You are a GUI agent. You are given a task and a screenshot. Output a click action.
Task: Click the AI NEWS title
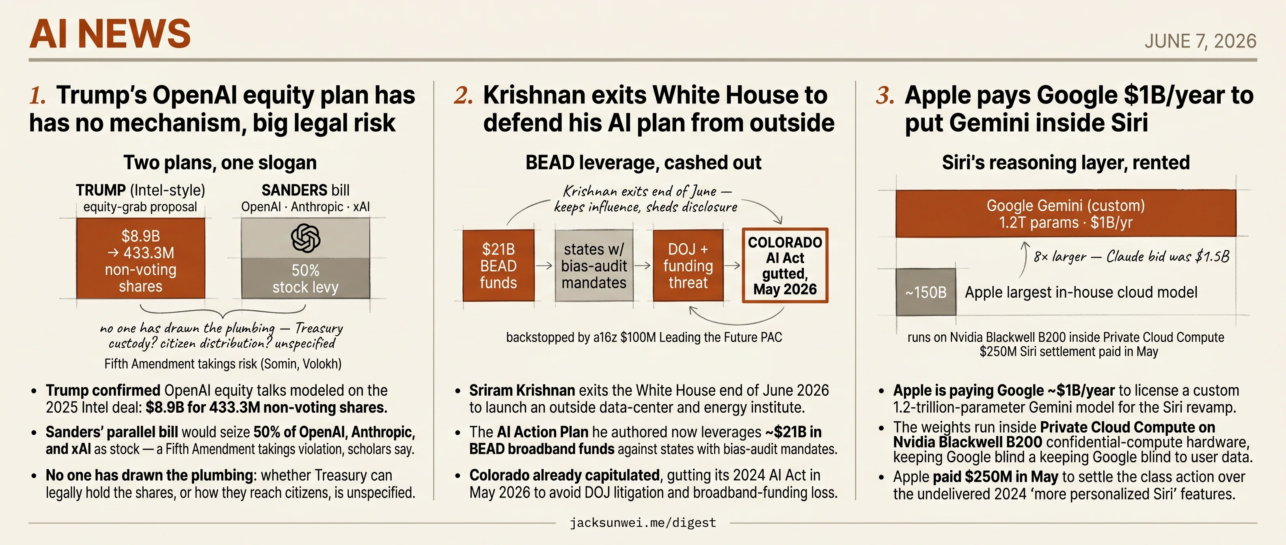110,34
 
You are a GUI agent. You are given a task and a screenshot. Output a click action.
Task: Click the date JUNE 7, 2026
1200,41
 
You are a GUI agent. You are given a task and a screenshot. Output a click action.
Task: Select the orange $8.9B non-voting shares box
140,258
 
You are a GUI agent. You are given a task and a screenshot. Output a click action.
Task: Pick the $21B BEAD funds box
498,265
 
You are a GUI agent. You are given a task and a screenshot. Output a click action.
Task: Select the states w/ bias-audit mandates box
593,265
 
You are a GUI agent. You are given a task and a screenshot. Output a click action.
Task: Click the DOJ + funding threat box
688,265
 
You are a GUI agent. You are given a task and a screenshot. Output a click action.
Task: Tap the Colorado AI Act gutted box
785,265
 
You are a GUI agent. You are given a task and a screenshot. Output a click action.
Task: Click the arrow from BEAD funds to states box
544,266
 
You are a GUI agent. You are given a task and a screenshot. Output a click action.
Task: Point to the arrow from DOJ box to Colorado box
732,266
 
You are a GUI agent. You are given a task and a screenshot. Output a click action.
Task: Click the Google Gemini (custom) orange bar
1066,213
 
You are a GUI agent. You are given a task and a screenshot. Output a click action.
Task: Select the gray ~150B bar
926,292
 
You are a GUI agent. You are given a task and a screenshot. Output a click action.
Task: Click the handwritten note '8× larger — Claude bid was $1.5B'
1131,256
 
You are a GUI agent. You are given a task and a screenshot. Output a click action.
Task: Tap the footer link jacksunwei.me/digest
643,523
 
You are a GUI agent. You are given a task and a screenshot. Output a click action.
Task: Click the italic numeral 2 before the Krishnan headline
463,95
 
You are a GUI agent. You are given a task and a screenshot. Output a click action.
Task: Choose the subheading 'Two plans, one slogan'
220,163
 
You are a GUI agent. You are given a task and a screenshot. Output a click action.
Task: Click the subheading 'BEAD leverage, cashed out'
643,163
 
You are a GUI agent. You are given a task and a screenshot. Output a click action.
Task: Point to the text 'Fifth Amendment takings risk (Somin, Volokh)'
222,364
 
